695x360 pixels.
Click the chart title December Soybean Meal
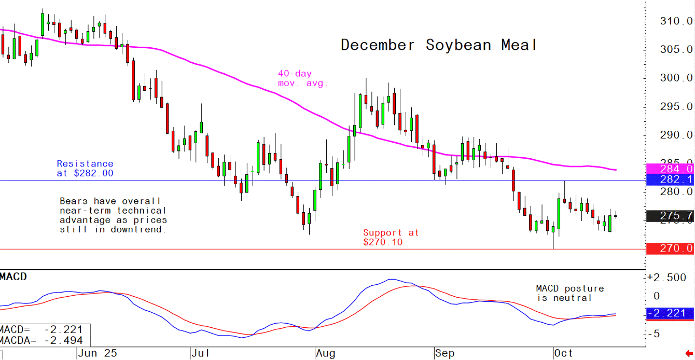click(x=438, y=45)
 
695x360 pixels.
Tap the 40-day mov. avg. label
click(x=303, y=78)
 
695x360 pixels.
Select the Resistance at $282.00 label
click(x=85, y=169)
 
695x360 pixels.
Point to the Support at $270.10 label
click(x=391, y=238)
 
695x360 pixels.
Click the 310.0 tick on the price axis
click(x=675, y=21)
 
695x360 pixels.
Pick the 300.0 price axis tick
click(x=675, y=78)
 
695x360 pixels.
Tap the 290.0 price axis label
click(x=675, y=135)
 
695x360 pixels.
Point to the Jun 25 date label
click(x=98, y=354)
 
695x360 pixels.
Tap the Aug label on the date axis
click(x=326, y=354)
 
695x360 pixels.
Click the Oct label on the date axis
click(x=563, y=354)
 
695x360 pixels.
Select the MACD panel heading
click(x=13, y=276)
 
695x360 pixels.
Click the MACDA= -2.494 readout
click(x=41, y=340)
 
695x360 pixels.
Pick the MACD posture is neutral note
click(x=569, y=293)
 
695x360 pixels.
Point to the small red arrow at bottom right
click(x=689, y=354)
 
